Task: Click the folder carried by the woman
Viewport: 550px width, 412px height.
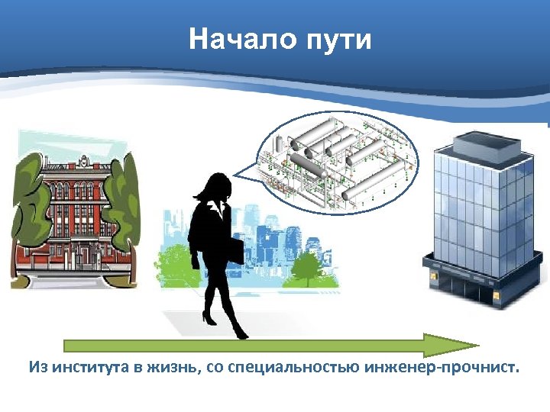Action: [x=233, y=251]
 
